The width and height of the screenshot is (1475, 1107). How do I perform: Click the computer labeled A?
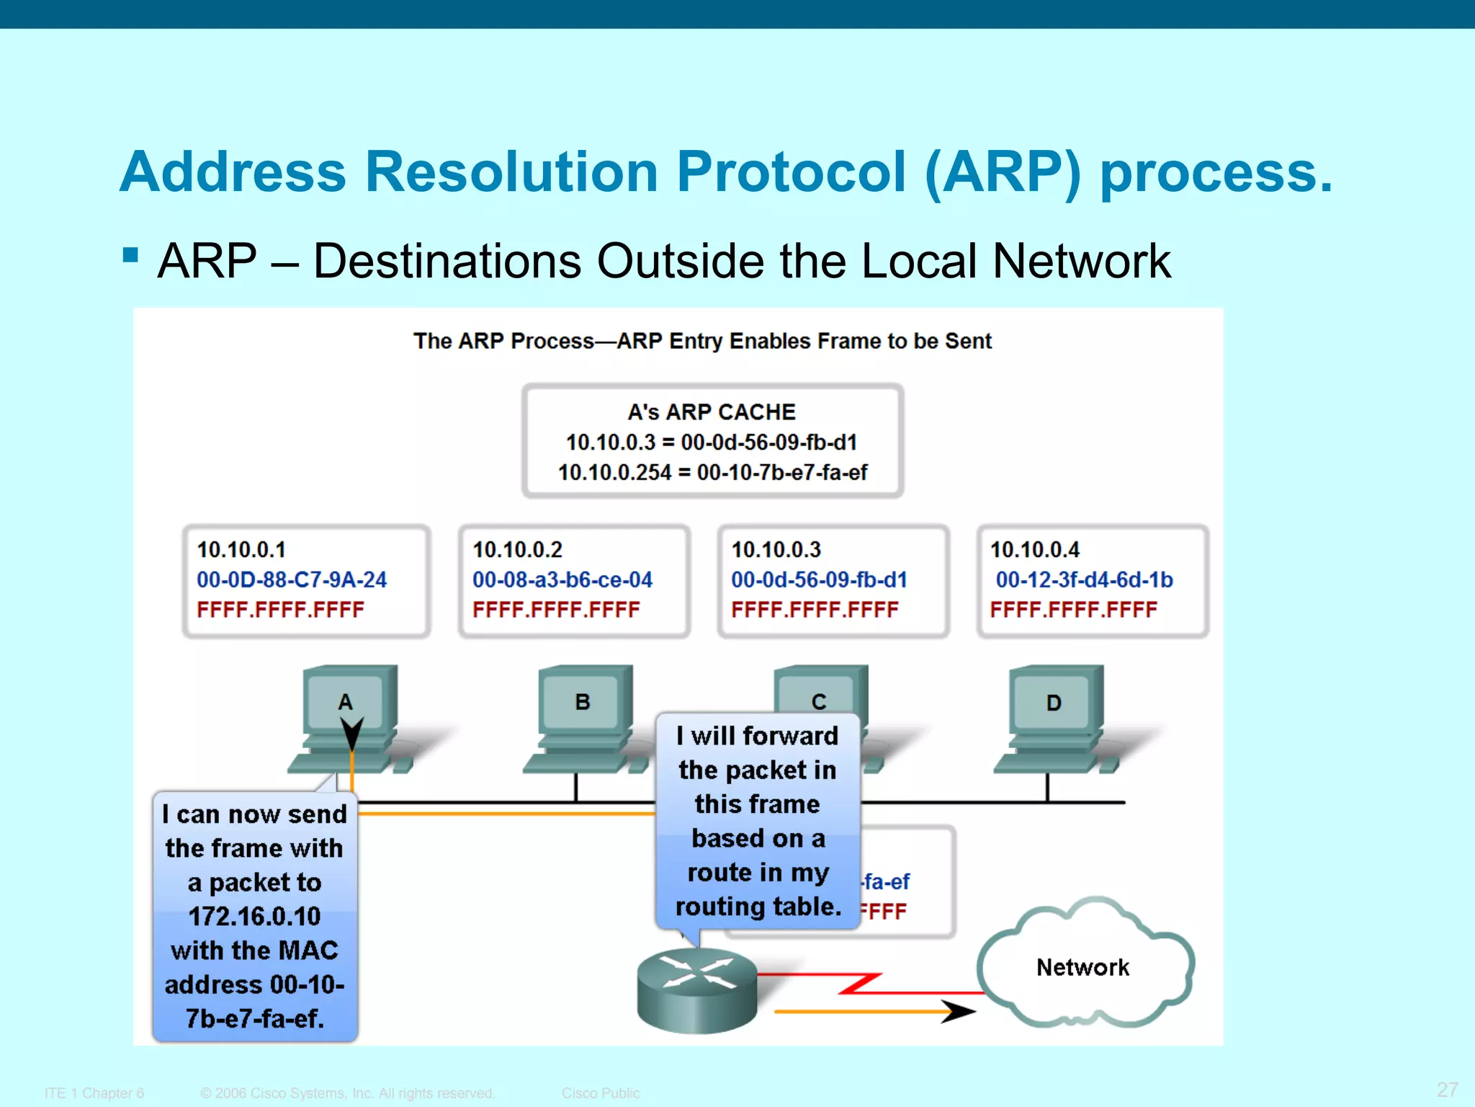[x=350, y=717]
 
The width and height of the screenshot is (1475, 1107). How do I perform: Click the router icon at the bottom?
[x=697, y=991]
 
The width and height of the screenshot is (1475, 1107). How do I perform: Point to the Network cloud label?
[x=1082, y=967]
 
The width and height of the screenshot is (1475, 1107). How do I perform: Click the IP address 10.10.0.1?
[x=241, y=550]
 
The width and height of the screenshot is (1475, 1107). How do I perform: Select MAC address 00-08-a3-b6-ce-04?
[x=562, y=579]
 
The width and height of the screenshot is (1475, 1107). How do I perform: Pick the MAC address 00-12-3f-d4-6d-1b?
[x=1084, y=579]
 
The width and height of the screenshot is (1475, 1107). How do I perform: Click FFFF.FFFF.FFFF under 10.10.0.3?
[x=815, y=610]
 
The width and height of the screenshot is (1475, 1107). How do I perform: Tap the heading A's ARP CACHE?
[x=712, y=412]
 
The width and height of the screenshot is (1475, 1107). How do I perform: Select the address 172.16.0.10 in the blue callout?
[x=254, y=916]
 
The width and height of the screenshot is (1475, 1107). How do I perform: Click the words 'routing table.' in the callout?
[x=758, y=906]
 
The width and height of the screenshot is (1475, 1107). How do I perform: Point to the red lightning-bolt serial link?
[x=861, y=984]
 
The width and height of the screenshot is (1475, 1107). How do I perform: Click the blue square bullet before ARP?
[x=130, y=255]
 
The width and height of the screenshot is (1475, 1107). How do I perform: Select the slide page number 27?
[x=1447, y=1089]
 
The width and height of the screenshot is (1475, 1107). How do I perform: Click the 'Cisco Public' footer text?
[x=601, y=1093]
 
